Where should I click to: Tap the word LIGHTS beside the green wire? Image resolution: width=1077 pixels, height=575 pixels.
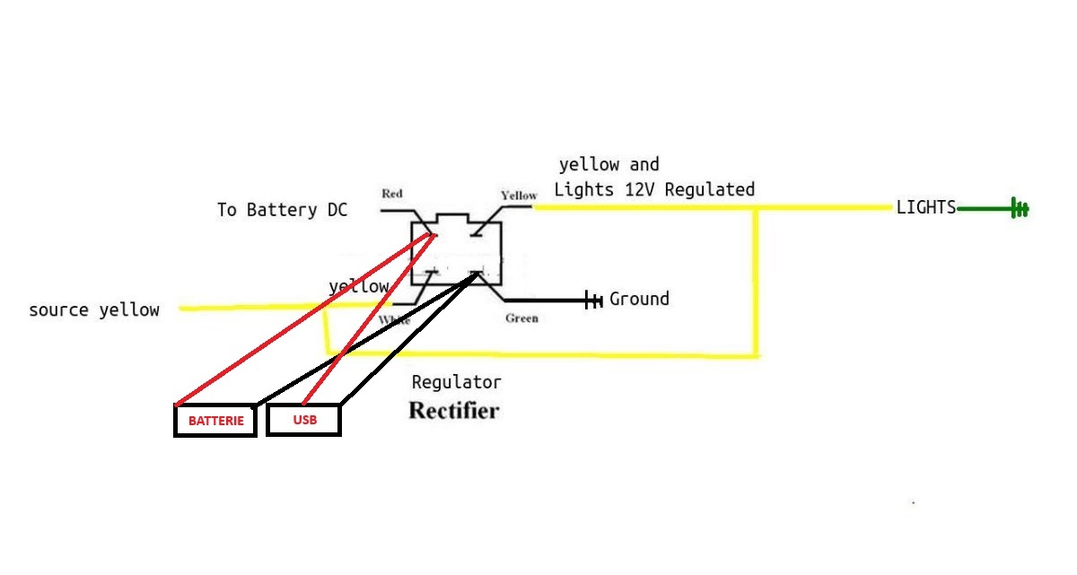(926, 207)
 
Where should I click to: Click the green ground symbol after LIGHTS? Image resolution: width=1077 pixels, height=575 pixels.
(1020, 209)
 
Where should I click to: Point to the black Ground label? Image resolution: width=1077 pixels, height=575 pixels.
(639, 299)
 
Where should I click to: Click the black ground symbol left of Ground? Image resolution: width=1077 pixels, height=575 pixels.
(593, 300)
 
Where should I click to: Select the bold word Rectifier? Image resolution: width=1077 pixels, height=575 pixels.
(453, 411)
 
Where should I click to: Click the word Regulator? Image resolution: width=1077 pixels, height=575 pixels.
(456, 382)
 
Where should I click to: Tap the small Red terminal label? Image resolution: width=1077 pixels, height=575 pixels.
(392, 194)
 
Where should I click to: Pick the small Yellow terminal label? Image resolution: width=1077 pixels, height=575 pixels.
(519, 196)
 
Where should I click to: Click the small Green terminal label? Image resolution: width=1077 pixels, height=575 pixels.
(521, 318)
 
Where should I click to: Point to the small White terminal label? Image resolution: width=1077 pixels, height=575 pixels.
(394, 320)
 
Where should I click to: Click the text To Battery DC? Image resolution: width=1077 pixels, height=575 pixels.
(282, 210)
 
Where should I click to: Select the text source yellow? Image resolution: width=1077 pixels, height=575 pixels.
(94, 310)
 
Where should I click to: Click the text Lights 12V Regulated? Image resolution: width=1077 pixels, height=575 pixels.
(654, 190)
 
